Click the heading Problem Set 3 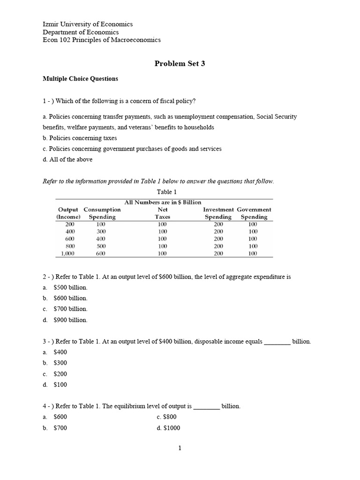[x=180, y=64]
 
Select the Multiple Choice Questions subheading [x=80, y=79]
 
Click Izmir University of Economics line [x=88, y=24]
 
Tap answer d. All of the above [x=67, y=159]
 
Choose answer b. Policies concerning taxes [x=80, y=138]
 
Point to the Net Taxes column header [x=163, y=213]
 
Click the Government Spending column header [x=254, y=213]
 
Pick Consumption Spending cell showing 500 [x=101, y=246]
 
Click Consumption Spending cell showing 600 [x=101, y=254]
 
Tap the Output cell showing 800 [x=70, y=246]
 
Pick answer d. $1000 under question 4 [x=169, y=428]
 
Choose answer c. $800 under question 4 [x=167, y=417]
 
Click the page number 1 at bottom [x=180, y=448]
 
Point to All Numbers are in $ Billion [x=163, y=202]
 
